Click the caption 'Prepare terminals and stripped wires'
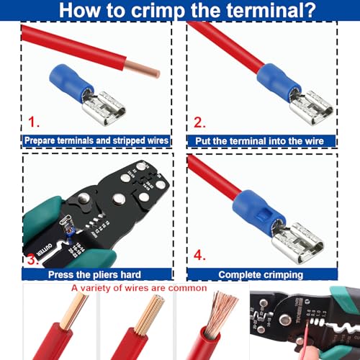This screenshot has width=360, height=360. point(96,141)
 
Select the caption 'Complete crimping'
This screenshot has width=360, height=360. point(258,274)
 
